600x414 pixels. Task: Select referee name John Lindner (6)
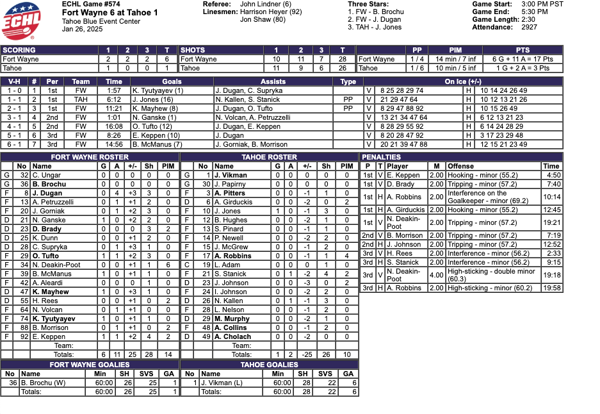[265, 4]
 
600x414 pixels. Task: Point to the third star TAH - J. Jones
[375, 28]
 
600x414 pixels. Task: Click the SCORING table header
[19, 50]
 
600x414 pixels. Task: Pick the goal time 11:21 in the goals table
[114, 108]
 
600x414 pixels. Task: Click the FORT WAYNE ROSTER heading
[90, 157]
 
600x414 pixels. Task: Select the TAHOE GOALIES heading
[269, 365]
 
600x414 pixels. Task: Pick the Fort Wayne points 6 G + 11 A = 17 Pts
[523, 59]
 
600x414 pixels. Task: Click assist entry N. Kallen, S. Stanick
[248, 99]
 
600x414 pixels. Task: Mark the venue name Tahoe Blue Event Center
[101, 21]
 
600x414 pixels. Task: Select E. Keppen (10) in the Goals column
[156, 135]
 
